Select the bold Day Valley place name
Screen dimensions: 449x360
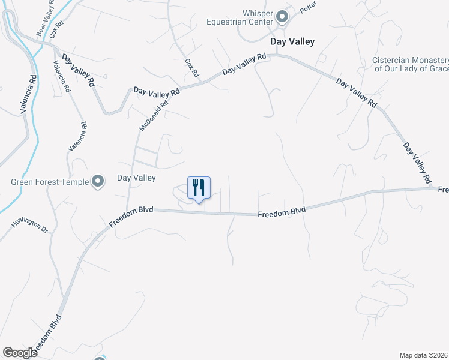coord(292,42)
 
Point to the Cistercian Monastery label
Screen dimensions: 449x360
coord(410,64)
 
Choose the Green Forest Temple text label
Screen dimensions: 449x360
coord(49,182)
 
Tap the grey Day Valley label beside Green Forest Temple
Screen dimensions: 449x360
coord(136,178)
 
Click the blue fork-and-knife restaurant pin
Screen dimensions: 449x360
coord(199,188)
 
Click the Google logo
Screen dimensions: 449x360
coord(19,352)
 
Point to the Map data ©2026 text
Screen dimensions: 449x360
coord(424,355)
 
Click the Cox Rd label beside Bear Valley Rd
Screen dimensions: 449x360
coord(57,30)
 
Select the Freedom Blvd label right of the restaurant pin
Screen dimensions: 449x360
coord(282,212)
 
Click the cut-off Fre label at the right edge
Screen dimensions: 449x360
coord(443,190)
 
